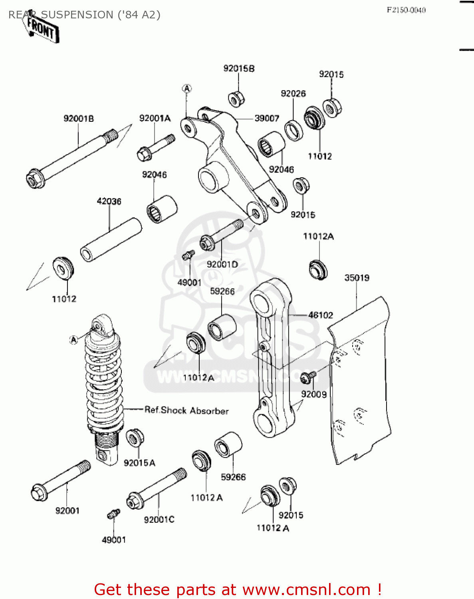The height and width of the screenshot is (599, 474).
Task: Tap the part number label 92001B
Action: click(79, 119)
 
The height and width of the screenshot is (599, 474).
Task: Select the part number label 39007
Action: click(267, 118)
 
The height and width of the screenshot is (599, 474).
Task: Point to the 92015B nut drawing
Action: click(236, 99)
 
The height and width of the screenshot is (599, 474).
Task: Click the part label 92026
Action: click(293, 93)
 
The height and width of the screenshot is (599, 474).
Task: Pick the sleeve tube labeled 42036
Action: click(111, 240)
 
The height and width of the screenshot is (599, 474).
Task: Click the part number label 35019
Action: click(357, 278)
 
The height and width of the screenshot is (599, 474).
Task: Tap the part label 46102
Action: click(320, 315)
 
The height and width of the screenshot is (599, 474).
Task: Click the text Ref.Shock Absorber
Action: click(186, 411)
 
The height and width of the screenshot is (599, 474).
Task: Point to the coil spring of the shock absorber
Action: click(103, 383)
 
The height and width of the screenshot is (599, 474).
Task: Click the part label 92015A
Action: click(139, 463)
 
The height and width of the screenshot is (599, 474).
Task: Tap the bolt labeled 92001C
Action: click(157, 489)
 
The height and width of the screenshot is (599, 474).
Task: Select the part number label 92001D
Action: click(222, 264)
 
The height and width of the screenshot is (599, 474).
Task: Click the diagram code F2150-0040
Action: click(406, 10)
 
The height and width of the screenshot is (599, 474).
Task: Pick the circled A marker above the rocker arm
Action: click(186, 89)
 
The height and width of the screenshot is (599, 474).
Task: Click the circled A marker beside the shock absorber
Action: click(73, 340)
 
